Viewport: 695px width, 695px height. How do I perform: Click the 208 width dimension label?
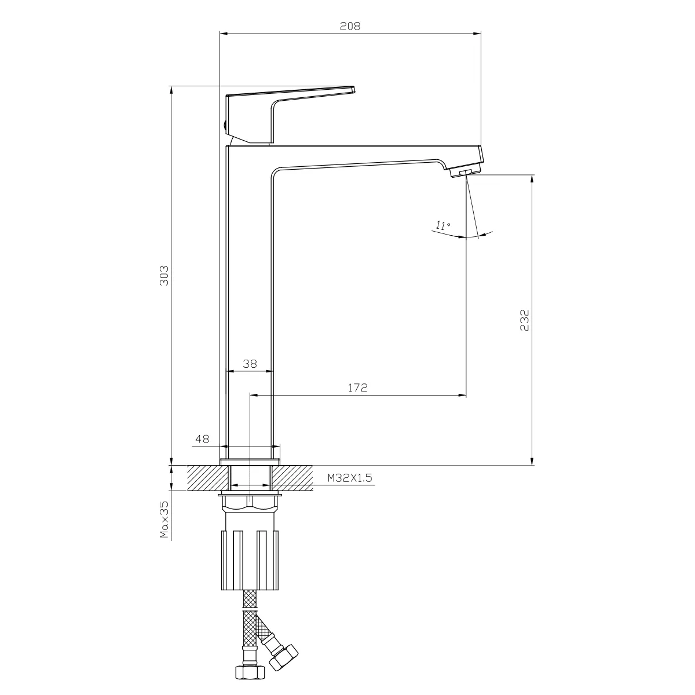tap(350, 26)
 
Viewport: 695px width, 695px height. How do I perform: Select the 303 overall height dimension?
tap(164, 276)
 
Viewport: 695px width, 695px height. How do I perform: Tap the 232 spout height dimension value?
tap(524, 320)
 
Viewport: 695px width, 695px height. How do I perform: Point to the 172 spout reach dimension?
tap(357, 387)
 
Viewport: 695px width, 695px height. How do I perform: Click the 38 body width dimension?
tap(250, 364)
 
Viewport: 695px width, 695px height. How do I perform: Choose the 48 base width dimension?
tap(202, 439)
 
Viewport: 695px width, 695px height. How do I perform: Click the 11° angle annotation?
tap(442, 226)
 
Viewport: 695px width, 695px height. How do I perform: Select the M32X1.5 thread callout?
tap(349, 478)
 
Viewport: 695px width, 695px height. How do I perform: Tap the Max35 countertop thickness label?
tap(164, 520)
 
